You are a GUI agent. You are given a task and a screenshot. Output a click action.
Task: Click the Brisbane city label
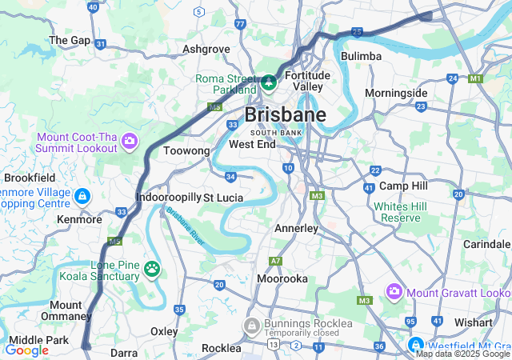[285, 115]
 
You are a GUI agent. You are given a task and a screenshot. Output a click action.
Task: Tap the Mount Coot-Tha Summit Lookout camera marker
[130, 142]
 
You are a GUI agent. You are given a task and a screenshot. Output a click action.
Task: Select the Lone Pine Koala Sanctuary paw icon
[152, 267]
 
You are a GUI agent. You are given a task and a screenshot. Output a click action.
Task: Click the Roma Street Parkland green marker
[270, 82]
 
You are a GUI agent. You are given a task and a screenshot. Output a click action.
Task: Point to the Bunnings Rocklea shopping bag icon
[251, 325]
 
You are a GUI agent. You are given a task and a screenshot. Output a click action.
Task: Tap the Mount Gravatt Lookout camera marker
[394, 292]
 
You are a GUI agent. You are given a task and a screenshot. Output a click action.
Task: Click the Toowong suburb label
[186, 150]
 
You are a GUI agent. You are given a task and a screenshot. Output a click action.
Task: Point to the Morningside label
[396, 93]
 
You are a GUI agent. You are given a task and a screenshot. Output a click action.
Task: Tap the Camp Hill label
[403, 186]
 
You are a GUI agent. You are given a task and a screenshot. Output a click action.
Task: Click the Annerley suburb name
[296, 228]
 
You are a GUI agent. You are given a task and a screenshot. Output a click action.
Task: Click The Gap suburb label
[70, 39]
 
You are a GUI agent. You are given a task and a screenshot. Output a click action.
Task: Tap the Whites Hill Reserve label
[401, 212]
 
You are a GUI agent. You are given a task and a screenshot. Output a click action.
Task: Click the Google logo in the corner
[26, 350]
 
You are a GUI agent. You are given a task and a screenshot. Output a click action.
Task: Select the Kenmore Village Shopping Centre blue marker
[82, 196]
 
